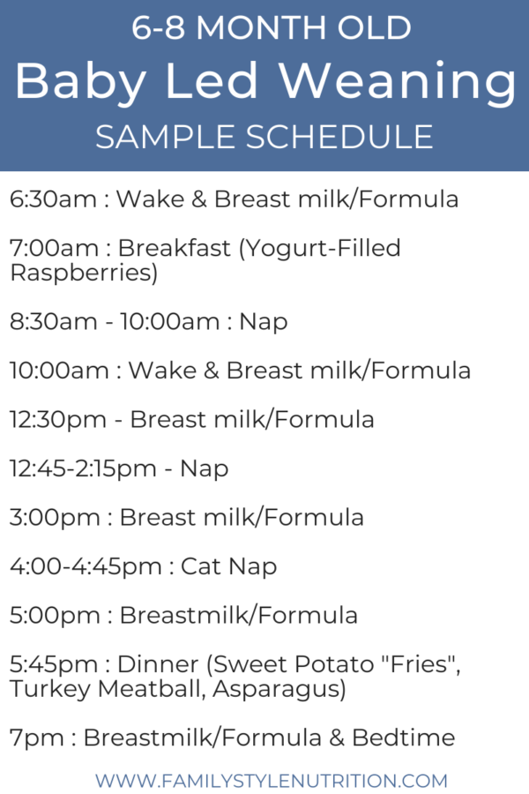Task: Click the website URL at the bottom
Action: [x=272, y=780]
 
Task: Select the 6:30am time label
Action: [x=53, y=198]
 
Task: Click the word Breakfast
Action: [x=175, y=248]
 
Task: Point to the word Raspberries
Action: [x=84, y=273]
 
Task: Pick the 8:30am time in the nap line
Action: [x=54, y=321]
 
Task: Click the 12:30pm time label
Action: [x=58, y=420]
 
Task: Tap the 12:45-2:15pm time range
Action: [x=83, y=469]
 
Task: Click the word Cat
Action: [x=201, y=566]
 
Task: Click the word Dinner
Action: [x=158, y=663]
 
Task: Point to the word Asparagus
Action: [x=279, y=690]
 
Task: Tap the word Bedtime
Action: [x=404, y=738]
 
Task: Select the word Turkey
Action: [x=49, y=690]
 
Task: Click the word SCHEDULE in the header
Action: [x=339, y=137]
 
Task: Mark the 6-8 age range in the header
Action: [x=159, y=28]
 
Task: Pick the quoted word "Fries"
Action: [x=420, y=663]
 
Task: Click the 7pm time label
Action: [x=37, y=738]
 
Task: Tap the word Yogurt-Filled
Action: [x=320, y=249]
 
